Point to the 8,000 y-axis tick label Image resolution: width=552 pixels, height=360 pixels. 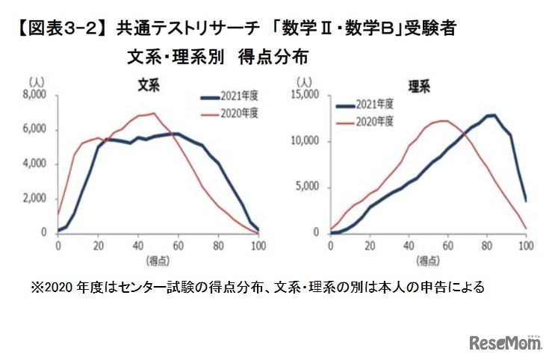tap(34, 95)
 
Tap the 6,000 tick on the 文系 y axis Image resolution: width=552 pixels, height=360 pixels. tap(34, 129)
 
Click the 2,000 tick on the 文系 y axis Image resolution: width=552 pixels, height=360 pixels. tap(34, 198)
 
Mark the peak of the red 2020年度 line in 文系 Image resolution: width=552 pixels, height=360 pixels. tap(153, 114)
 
